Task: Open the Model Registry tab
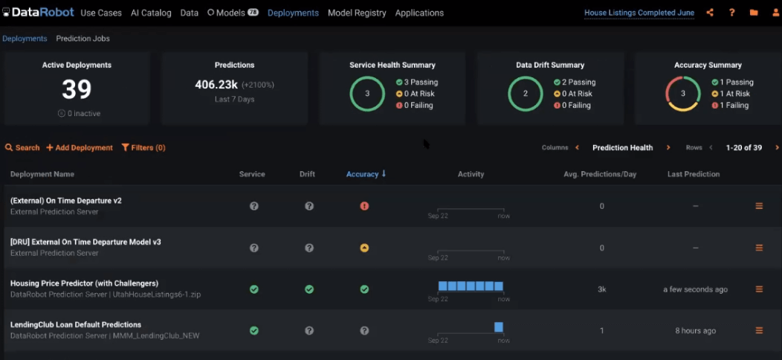357,13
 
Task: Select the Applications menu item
419,13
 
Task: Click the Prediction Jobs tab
83,39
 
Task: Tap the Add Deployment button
80,148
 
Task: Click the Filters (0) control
143,148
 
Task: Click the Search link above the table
22,148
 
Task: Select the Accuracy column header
363,174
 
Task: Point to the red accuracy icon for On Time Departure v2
364,206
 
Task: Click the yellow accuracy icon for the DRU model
364,248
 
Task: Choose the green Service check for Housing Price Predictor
254,289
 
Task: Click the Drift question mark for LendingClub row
309,331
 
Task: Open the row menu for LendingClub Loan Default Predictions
759,330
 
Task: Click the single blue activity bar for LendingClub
499,327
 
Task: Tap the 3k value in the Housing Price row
602,289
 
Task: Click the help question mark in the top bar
732,13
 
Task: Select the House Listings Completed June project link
639,13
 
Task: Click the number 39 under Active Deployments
77,90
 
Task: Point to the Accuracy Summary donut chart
683,94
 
